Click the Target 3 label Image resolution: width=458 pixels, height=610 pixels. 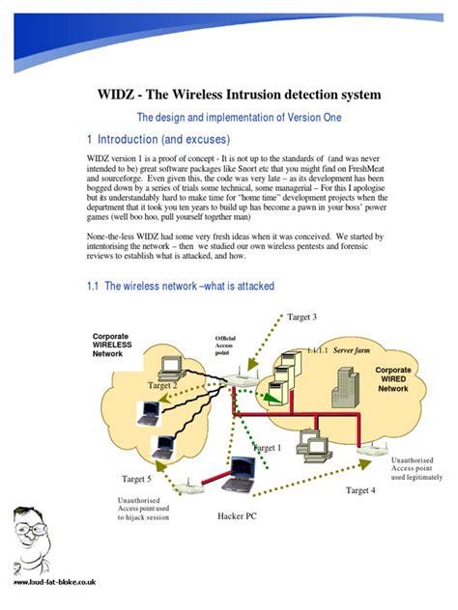click(x=302, y=318)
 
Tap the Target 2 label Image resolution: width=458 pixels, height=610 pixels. click(x=161, y=385)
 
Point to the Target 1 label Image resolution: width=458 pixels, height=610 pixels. click(x=267, y=448)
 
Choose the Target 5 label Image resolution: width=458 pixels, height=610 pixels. click(x=135, y=479)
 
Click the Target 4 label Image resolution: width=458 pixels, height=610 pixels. click(x=360, y=490)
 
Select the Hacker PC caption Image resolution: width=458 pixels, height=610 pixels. click(x=237, y=516)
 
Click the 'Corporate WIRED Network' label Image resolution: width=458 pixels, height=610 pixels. click(x=392, y=379)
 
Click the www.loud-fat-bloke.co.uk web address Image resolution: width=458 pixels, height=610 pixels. click(x=54, y=584)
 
